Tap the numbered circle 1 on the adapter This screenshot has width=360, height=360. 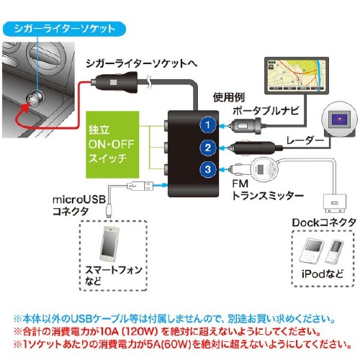(x=207, y=125)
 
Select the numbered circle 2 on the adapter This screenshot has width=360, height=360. (x=207, y=148)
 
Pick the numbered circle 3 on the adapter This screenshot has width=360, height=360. (x=207, y=171)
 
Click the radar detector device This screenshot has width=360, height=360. (x=337, y=121)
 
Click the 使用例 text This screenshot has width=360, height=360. (x=228, y=96)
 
